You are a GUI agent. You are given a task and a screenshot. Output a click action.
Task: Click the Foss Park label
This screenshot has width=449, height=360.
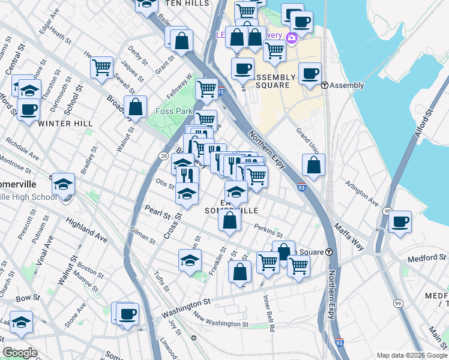coord(173,111)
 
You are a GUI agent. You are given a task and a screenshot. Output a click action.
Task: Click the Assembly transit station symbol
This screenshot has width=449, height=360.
coord(324,85)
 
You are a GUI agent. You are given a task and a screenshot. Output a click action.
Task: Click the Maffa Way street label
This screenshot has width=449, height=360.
coord(349,228)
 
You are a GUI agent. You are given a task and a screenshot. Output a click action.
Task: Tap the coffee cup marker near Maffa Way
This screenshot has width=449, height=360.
coord(400,221)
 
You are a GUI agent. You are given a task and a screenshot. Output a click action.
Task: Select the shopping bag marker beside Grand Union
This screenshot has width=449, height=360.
coord(313,164)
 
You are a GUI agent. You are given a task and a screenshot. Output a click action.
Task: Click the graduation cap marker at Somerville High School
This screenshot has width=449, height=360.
coord(63,184)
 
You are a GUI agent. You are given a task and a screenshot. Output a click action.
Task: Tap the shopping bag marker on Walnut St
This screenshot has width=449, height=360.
coord(136,107)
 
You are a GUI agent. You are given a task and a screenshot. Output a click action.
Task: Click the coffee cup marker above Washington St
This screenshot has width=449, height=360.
coord(127,313)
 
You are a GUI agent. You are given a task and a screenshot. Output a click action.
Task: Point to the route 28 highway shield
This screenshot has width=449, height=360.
coord(163,156)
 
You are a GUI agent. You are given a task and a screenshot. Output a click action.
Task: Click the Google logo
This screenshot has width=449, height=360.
coord(20,353)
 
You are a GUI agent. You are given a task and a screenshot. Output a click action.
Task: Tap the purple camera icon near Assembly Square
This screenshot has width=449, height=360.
coord(292,38)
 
